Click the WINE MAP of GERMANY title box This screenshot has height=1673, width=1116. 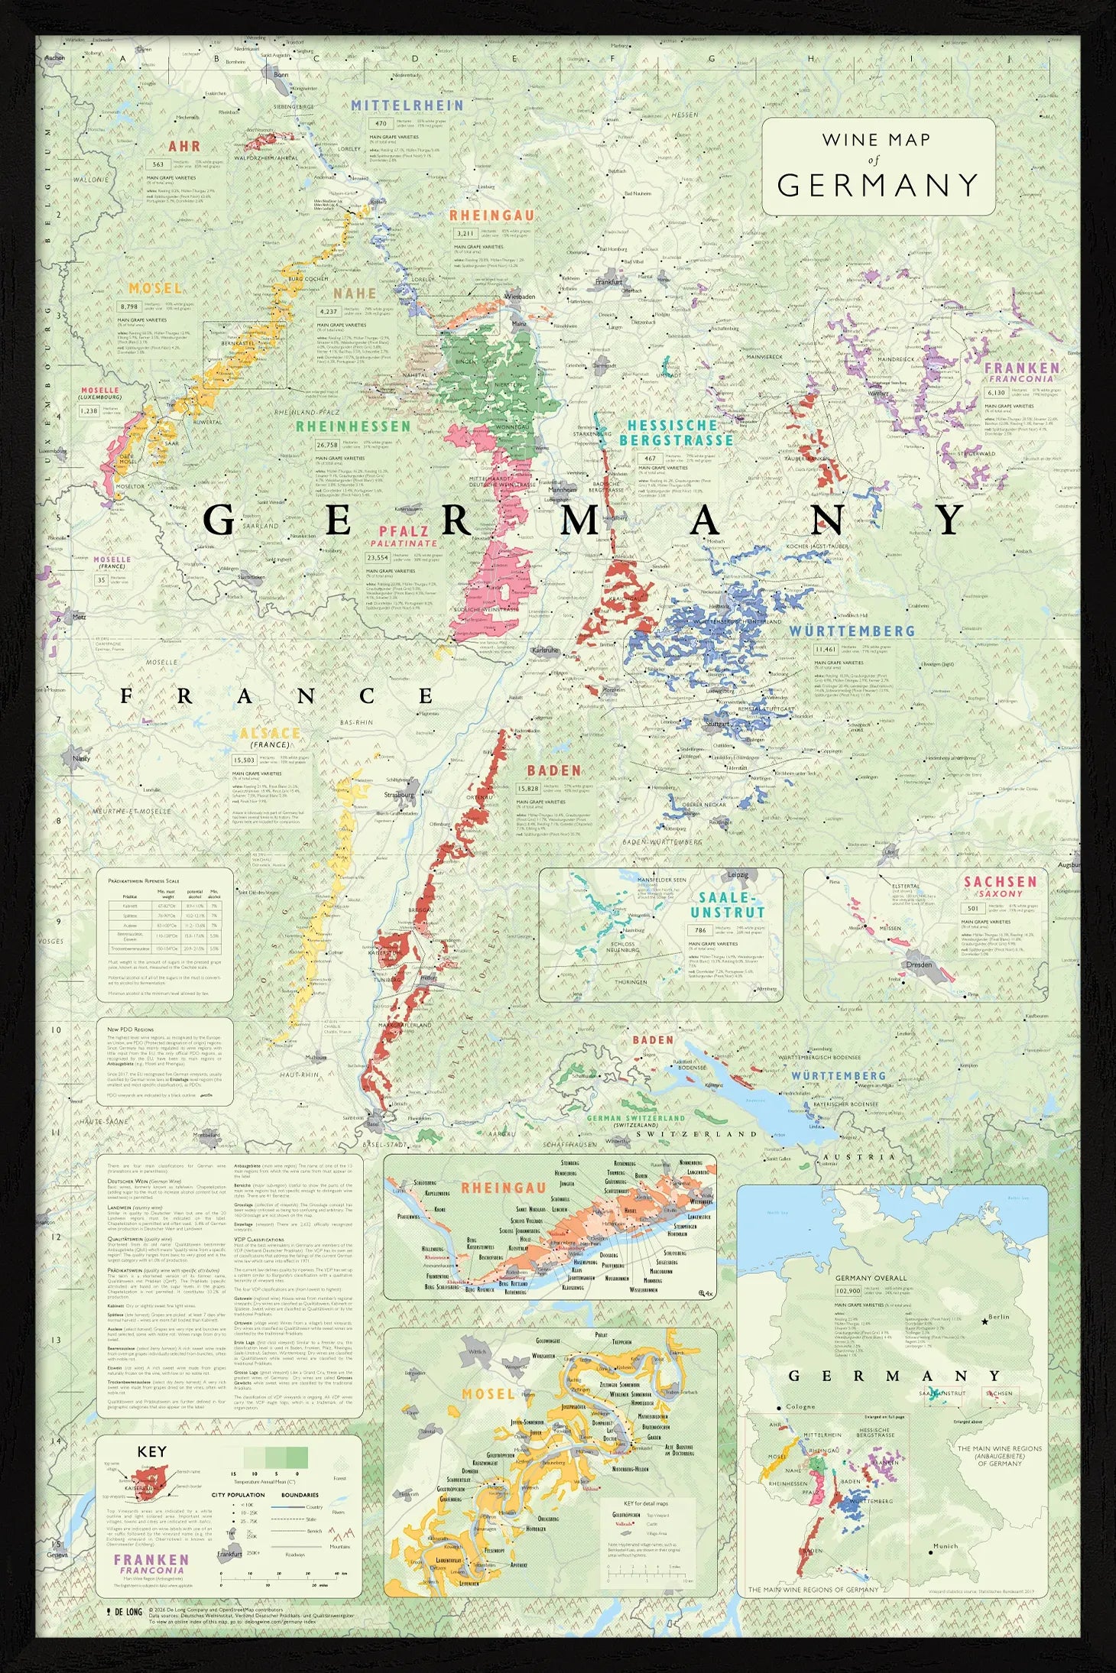click(x=878, y=167)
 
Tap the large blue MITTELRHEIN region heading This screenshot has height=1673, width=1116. click(x=407, y=105)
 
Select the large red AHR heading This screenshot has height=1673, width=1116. click(x=184, y=146)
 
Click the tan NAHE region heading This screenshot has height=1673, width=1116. click(x=355, y=293)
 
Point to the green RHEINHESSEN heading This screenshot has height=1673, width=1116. click(x=353, y=426)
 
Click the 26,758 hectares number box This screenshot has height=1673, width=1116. click(x=327, y=445)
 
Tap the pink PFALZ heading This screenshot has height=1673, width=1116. click(x=404, y=531)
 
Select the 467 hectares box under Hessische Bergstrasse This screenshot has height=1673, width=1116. click(x=650, y=459)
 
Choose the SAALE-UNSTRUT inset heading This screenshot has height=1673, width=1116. click(x=727, y=905)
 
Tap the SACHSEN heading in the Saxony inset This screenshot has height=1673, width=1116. click(x=1000, y=881)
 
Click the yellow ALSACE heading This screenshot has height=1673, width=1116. click(x=270, y=733)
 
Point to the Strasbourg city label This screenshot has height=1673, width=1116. click(x=399, y=795)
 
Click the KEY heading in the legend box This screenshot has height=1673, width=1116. click(x=151, y=1451)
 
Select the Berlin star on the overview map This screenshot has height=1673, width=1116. click(x=985, y=1321)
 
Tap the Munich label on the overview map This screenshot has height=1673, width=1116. click(x=945, y=1546)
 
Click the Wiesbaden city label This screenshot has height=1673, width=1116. click(x=520, y=296)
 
